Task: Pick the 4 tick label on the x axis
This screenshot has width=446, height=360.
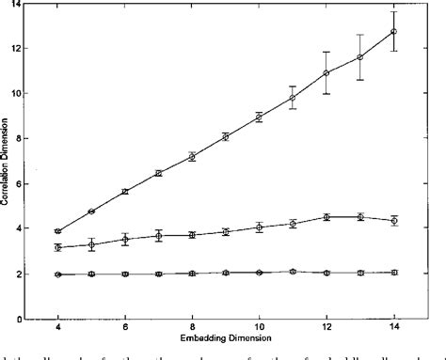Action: point(58,328)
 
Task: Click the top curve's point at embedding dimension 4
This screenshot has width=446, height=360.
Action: point(58,231)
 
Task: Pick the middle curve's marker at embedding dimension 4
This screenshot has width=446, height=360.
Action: point(58,247)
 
